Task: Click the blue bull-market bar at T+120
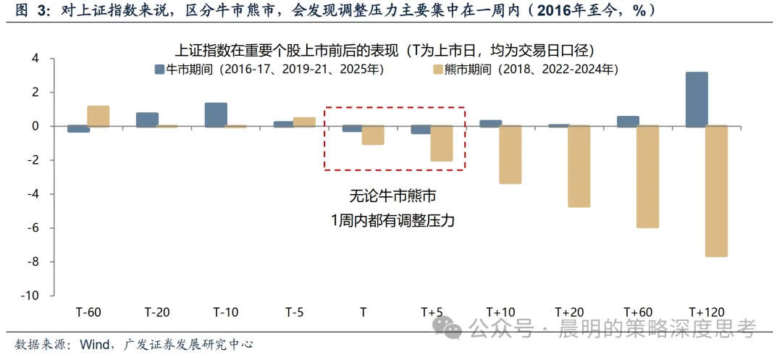[x=697, y=99]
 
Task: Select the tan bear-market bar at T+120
[x=717, y=192]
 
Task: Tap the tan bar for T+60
[x=647, y=177]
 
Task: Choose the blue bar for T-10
[x=216, y=114]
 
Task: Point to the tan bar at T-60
[x=98, y=116]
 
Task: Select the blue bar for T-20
[x=147, y=120]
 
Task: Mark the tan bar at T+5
[x=442, y=144]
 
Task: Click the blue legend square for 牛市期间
[x=159, y=70]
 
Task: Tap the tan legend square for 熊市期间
[x=438, y=70]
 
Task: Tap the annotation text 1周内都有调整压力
[x=393, y=220]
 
